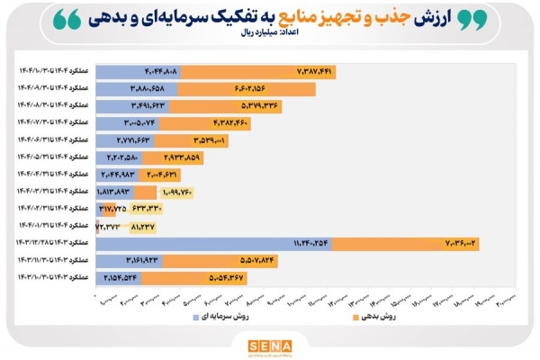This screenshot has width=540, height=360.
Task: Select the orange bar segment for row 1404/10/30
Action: [261, 70]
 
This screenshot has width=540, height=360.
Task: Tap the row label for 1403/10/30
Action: [47, 277]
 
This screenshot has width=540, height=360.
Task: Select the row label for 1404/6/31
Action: [47, 139]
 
